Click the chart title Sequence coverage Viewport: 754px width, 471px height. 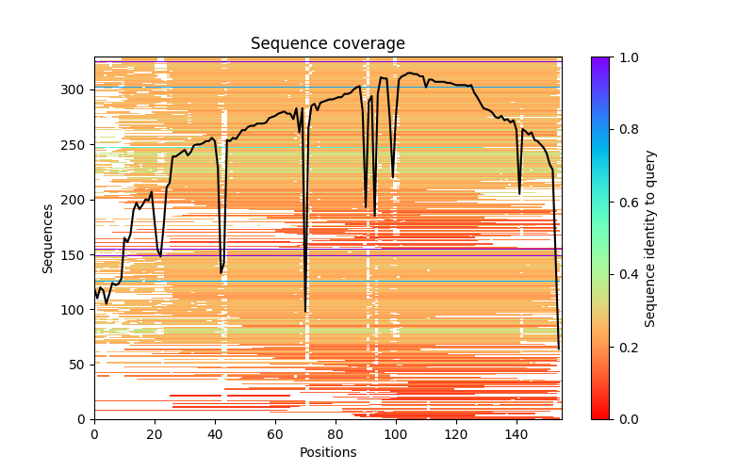tap(327, 43)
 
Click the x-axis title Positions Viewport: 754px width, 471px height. tap(327, 452)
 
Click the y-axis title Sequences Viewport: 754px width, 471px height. tap(48, 238)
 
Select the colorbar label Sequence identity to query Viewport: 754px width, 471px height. tap(651, 238)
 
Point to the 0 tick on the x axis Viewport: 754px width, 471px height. tap(94, 434)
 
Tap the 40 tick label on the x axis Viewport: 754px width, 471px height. tap(215, 434)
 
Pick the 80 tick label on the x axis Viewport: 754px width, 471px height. tap(336, 434)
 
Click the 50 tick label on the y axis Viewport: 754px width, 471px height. tap(77, 365)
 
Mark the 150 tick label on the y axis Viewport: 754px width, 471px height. tap(74, 255)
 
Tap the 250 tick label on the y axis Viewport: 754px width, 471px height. tap(74, 145)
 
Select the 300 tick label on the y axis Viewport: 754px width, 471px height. tap(74, 90)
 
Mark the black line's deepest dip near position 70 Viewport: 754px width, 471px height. tap(305, 311)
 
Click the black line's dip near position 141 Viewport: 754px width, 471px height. tap(519, 194)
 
